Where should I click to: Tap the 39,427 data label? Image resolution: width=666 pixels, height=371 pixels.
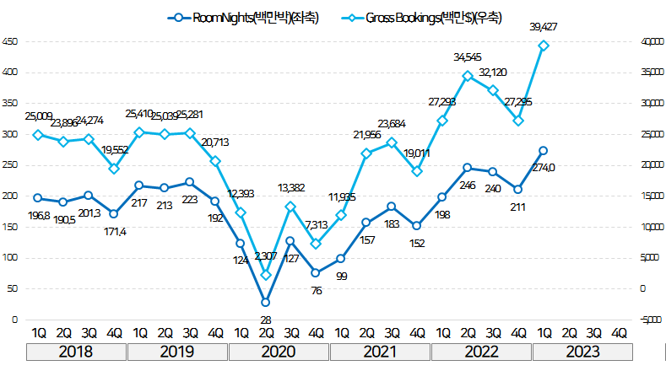tap(544, 27)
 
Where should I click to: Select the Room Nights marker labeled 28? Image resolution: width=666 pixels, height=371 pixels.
tap(265, 302)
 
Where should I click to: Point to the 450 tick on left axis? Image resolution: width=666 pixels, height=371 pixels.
tap(9, 41)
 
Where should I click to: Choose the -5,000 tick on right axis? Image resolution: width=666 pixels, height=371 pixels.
tap(647, 320)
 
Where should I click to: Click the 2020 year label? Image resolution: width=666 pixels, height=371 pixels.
tap(279, 352)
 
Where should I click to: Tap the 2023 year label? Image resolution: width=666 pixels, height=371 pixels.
tap(582, 352)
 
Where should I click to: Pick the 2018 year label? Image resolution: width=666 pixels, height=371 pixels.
tap(76, 352)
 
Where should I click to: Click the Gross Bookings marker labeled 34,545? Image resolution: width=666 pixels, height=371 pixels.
tap(468, 76)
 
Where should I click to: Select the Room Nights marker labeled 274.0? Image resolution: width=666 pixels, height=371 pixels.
tap(544, 150)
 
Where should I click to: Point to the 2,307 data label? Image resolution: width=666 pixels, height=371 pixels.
tap(265, 255)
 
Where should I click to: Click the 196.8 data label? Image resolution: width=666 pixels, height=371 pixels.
tap(38, 215)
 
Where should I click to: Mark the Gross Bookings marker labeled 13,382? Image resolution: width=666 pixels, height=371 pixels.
tap(290, 207)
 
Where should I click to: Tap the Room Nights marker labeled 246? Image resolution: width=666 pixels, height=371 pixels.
tap(468, 168)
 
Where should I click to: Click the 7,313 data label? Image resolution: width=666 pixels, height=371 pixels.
tap(316, 225)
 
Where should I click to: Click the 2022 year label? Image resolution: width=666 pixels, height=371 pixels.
tap(481, 352)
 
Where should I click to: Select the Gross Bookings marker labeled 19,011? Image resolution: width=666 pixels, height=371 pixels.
tap(417, 171)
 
